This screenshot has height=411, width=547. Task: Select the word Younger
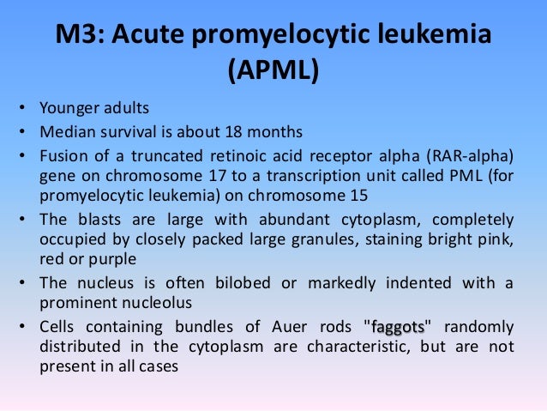[67, 109]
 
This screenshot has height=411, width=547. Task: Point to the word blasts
[104, 218]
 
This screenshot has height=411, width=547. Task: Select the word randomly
[478, 327]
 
